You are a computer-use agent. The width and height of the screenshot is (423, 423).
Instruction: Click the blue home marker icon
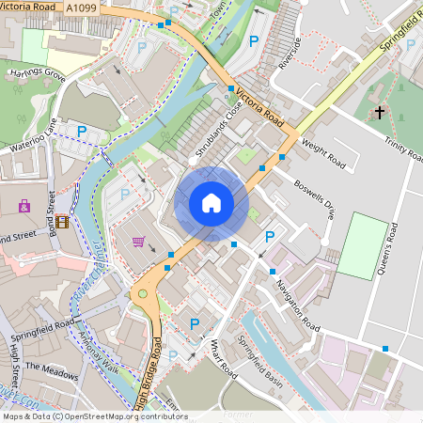[x=211, y=203]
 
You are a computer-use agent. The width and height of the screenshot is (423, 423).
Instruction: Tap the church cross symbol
[x=380, y=113]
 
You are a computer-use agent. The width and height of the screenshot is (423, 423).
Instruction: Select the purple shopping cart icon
[x=138, y=242]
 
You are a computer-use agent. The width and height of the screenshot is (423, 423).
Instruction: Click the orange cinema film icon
[x=62, y=222]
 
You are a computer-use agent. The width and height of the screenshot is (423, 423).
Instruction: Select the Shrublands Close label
[x=219, y=130]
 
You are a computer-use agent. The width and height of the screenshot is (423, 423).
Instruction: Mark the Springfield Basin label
[x=259, y=361]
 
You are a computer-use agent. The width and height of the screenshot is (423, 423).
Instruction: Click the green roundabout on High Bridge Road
[x=143, y=295]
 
